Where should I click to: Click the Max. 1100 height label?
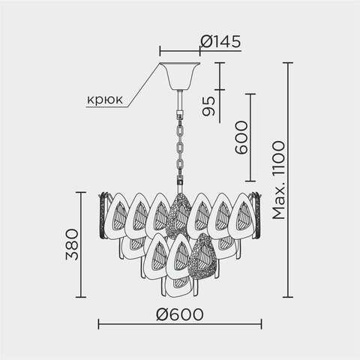278,180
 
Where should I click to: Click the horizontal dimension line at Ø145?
180,52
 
